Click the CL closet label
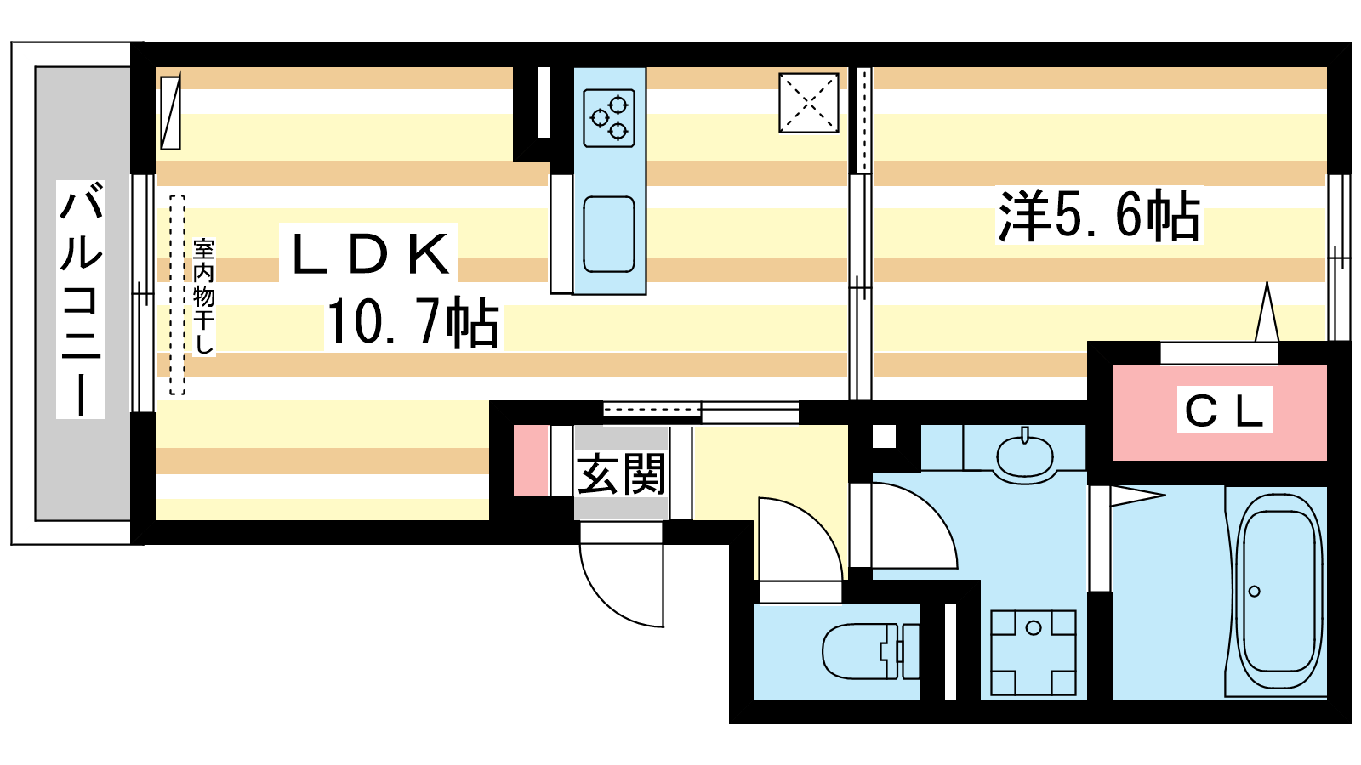[x=1224, y=411]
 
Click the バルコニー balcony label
[x=80, y=299]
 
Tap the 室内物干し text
[x=203, y=297]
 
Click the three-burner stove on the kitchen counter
[x=609, y=118]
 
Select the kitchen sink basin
[x=609, y=235]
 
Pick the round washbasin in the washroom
[x=1025, y=456]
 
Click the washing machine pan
[x=1034, y=653]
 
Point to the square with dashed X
[x=809, y=103]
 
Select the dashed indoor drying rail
[x=177, y=295]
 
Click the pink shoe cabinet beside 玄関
[x=531, y=461]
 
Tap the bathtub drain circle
[x=1254, y=591]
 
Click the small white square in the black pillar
[x=884, y=437]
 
